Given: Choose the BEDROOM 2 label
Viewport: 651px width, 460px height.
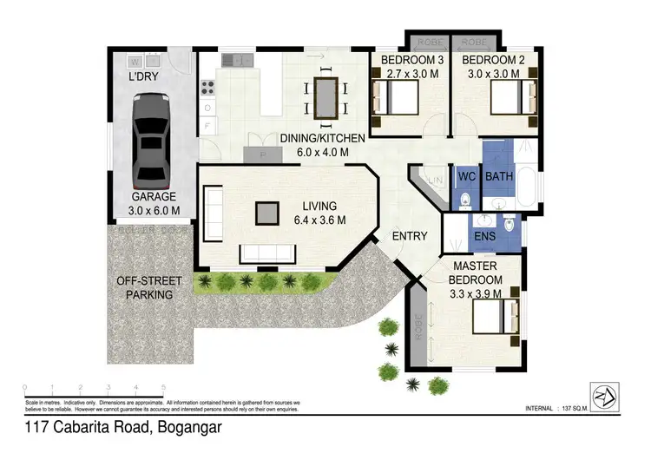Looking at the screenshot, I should click(x=491, y=60).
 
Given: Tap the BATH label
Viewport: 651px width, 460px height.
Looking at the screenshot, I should click(x=500, y=177).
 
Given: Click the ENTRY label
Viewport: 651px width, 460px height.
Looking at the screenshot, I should click(x=410, y=236).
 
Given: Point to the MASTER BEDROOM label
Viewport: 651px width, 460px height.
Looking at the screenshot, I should click(x=477, y=274).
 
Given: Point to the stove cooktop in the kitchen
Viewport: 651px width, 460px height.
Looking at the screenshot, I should click(x=208, y=87).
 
